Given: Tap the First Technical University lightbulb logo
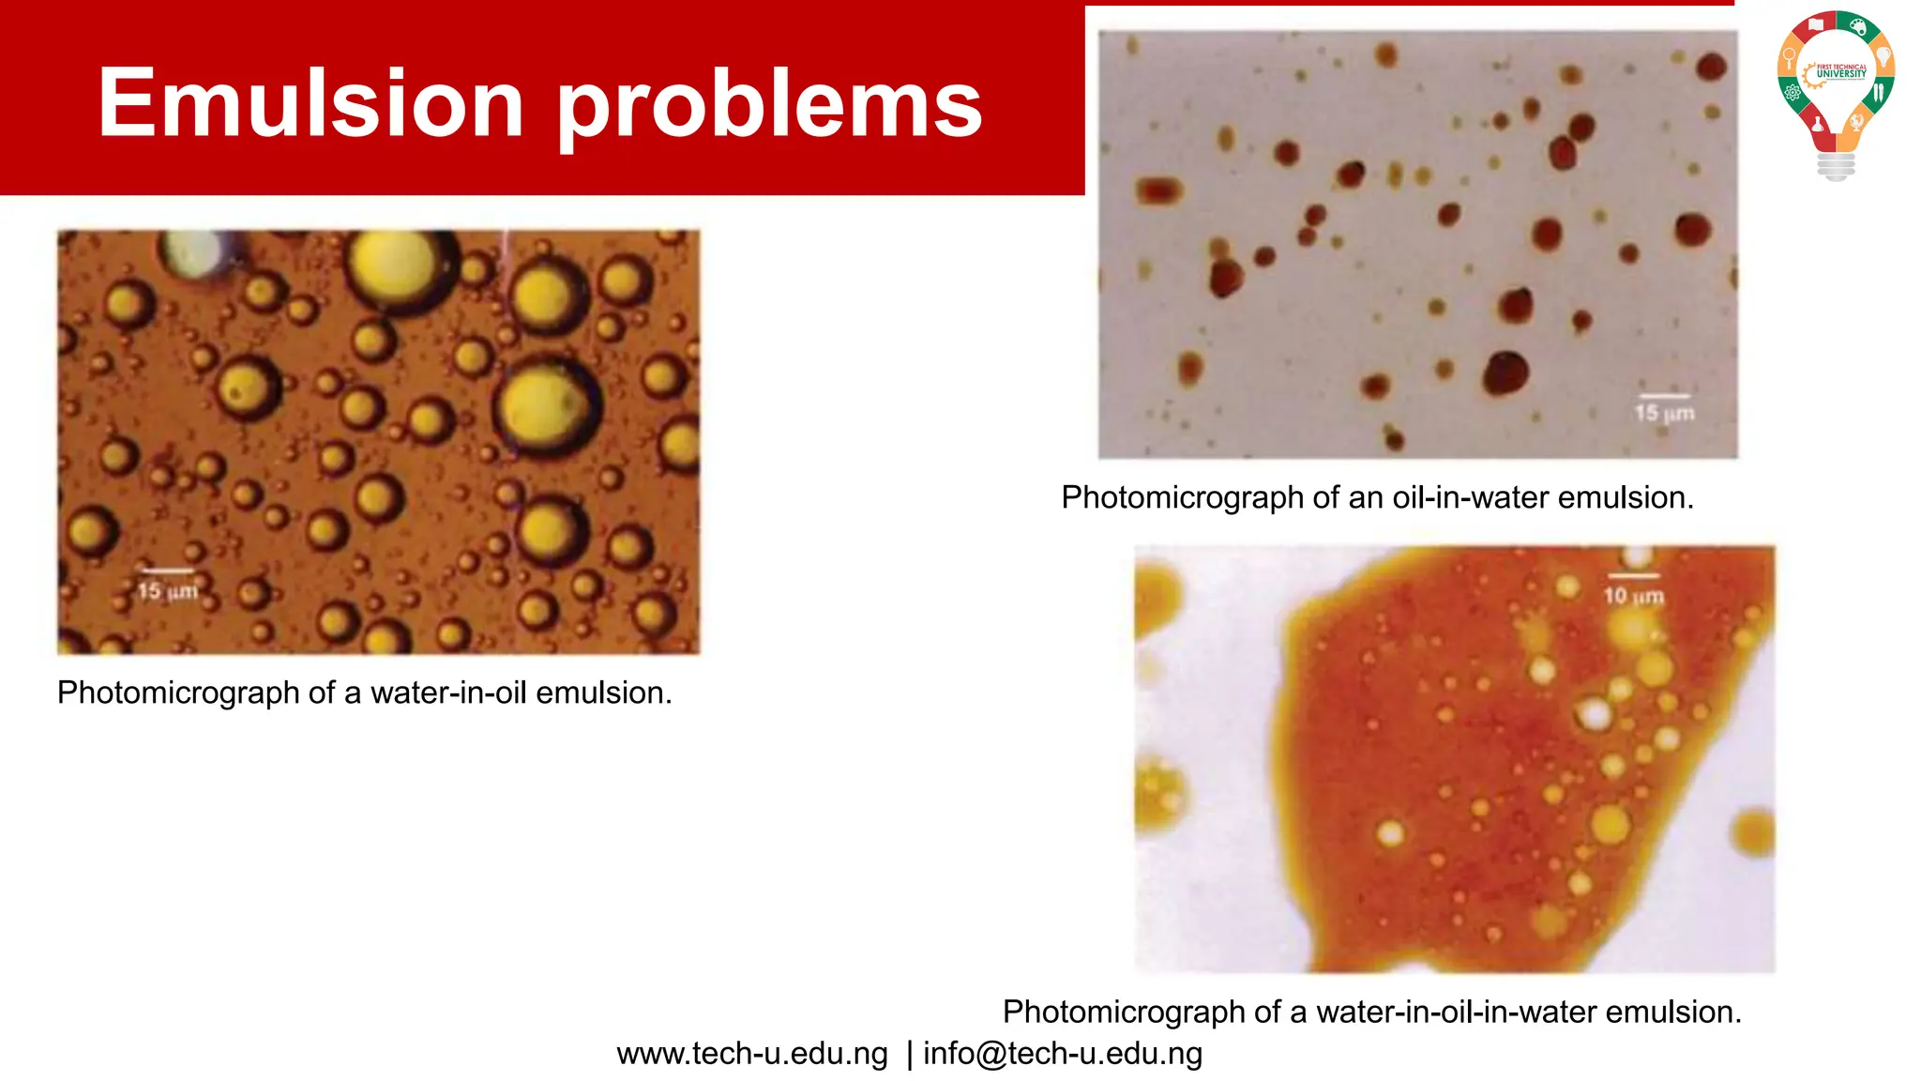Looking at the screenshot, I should tap(1836, 94).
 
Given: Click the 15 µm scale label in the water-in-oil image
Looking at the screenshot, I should tap(167, 591).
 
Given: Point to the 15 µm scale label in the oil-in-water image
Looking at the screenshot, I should tap(1664, 413).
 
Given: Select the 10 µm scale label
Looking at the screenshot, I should tap(1633, 596).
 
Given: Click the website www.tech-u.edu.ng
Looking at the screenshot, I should tap(752, 1054).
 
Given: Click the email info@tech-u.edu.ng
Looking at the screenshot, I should tap(1063, 1054).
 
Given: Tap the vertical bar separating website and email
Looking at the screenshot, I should tap(909, 1054).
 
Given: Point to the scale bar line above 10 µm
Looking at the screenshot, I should tap(1633, 575).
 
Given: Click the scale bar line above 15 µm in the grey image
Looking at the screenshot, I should tap(1664, 396).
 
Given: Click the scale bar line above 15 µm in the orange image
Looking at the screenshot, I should tap(167, 571).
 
